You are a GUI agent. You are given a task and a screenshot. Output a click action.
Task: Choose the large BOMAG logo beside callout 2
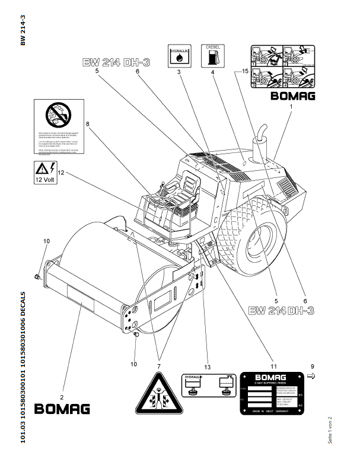coord(62,409)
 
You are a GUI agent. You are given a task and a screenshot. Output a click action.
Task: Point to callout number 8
coord(87,124)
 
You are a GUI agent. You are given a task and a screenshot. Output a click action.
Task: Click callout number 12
coord(60,173)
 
